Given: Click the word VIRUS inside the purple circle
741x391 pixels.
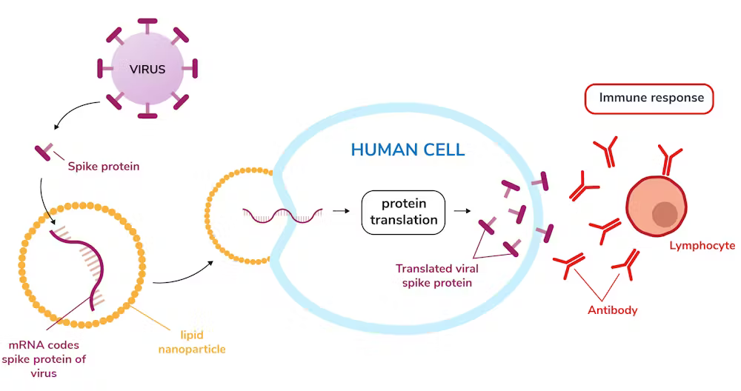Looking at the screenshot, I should pyautogui.click(x=147, y=70).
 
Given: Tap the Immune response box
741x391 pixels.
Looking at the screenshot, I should pyautogui.click(x=649, y=98).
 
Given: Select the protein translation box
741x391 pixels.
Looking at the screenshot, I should pyautogui.click(x=403, y=212).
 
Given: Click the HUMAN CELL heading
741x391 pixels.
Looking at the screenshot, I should pyautogui.click(x=408, y=150).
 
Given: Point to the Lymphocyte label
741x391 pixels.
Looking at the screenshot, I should pyautogui.click(x=701, y=246).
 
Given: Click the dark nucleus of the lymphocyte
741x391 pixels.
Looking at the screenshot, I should pyautogui.click(x=665, y=214).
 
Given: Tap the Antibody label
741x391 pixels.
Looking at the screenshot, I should pyautogui.click(x=612, y=310).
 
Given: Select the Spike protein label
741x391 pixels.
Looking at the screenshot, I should pyautogui.click(x=104, y=167).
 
